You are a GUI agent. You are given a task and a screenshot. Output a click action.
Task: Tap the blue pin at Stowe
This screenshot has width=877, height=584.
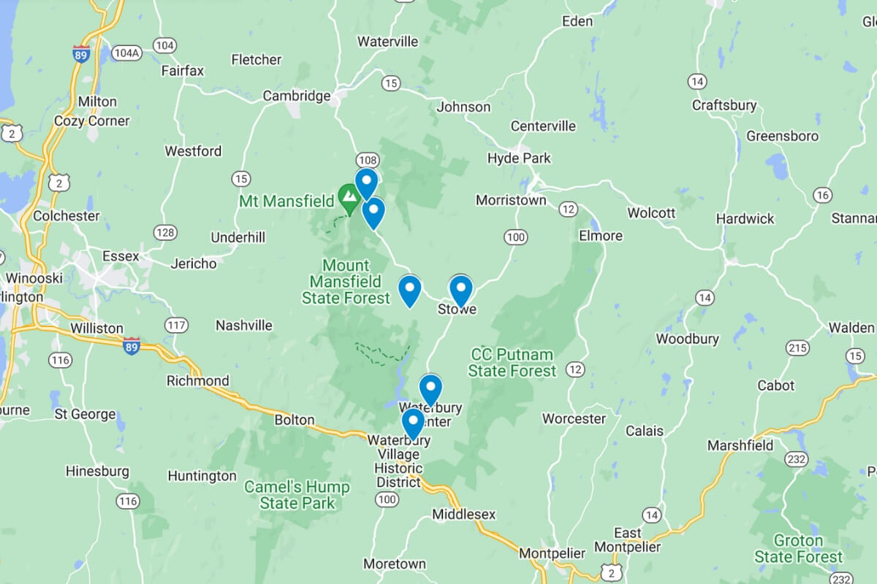pyautogui.click(x=460, y=290)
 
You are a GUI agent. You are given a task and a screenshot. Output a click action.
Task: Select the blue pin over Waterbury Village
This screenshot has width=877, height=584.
pyautogui.click(x=413, y=423)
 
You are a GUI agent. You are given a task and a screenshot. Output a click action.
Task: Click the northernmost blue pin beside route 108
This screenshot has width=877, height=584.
pyautogui.click(x=366, y=182)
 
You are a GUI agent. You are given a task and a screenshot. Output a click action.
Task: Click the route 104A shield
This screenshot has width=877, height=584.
pyautogui.click(x=126, y=53)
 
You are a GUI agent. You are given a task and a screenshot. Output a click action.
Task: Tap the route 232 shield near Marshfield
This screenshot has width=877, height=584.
pyautogui.click(x=796, y=458)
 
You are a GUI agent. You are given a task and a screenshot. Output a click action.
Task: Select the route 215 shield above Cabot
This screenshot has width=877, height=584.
pyautogui.click(x=797, y=347)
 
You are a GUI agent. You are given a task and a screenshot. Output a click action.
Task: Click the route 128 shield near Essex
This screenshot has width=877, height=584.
pyautogui.click(x=165, y=232)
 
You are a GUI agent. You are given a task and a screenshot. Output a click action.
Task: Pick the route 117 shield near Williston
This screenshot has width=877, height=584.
pyautogui.click(x=176, y=325)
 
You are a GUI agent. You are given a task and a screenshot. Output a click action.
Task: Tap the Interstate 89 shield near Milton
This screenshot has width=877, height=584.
pyautogui.click(x=81, y=55)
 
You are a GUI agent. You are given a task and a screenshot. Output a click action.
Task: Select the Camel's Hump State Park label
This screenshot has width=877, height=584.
pyautogui.click(x=297, y=495)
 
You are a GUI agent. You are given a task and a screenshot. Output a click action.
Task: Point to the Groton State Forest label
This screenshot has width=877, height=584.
pyautogui.click(x=798, y=549)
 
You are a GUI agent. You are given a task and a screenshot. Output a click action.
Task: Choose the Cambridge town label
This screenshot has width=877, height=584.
pyautogui.click(x=297, y=96)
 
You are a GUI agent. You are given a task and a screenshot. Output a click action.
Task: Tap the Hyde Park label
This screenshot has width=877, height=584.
pyautogui.click(x=519, y=158)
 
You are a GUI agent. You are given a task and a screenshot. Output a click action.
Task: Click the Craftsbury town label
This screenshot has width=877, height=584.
pyautogui.click(x=724, y=105)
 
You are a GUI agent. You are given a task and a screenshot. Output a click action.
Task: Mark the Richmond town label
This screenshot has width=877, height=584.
pyautogui.click(x=197, y=380)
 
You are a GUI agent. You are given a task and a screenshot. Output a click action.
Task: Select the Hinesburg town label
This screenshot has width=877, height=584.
pyautogui.click(x=97, y=471)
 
